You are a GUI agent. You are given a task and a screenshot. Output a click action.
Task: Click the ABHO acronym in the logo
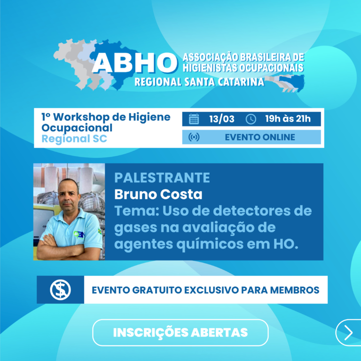coord(133,63)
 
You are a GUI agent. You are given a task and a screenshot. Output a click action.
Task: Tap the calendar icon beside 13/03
coord(194,119)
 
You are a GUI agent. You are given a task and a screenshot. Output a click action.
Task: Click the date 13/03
coord(222,119)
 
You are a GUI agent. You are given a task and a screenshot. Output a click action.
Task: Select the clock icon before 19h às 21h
coord(251,119)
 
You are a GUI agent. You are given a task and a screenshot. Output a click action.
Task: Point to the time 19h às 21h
coord(288,119)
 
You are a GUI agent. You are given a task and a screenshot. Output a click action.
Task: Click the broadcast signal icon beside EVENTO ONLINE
coord(194,137)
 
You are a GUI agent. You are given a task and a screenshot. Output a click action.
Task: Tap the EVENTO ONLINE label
coord(260,137)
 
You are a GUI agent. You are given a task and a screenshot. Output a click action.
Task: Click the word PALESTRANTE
coord(162,178)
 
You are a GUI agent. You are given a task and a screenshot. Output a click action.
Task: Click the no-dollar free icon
coord(60,290)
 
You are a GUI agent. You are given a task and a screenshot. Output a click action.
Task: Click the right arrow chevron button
coord(348,333)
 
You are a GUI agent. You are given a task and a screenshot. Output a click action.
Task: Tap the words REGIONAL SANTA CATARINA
coord(199,82)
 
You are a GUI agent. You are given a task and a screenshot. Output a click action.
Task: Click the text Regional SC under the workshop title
coord(74,139)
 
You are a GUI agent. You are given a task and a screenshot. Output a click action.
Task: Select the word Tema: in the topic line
coord(136,211)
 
